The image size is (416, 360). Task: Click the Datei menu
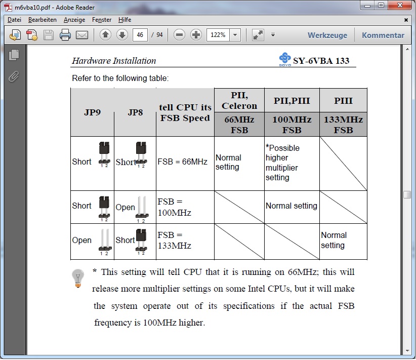point(14,20)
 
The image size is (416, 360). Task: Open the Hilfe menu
point(124,20)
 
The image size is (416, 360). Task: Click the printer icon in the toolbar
point(65,35)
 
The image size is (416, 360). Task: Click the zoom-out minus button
point(179,35)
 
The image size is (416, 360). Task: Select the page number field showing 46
point(140,35)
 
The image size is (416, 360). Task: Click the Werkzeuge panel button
point(327,35)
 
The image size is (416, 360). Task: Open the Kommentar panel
point(383,35)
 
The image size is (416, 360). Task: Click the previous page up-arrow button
point(105,35)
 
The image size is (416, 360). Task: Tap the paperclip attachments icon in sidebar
point(14,76)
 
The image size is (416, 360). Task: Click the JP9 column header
point(92,112)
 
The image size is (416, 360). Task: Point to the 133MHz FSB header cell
point(343,125)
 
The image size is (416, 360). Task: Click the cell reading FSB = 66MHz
point(183,162)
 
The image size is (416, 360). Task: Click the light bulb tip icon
point(78,278)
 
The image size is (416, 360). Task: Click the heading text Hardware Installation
point(114,61)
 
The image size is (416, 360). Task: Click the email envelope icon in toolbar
point(82,35)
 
